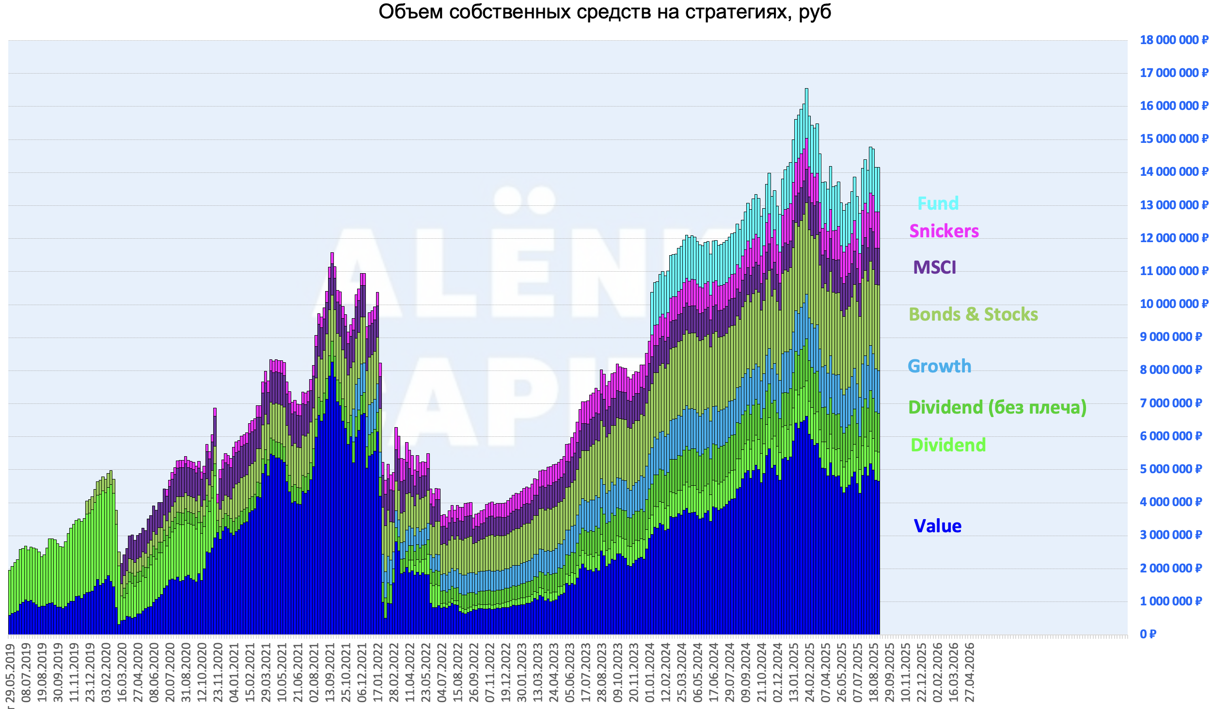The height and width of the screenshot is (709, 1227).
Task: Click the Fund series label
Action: click(937, 203)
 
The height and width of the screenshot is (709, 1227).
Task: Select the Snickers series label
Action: click(944, 231)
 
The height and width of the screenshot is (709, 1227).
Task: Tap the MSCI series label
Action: click(934, 267)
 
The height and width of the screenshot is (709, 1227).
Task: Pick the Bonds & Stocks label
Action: click(973, 314)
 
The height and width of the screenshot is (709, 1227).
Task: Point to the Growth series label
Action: click(939, 366)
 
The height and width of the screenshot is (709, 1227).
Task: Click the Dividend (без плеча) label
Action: click(997, 407)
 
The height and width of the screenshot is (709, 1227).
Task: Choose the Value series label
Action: click(937, 526)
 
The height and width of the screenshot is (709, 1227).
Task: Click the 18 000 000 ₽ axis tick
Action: click(1173, 40)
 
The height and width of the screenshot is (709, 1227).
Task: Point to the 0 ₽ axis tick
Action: click(1148, 634)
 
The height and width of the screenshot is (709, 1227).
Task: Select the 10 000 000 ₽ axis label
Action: click(1173, 304)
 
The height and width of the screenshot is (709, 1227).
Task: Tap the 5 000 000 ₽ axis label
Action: click(1170, 469)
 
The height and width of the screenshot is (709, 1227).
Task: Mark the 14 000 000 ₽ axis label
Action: click(1173, 172)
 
